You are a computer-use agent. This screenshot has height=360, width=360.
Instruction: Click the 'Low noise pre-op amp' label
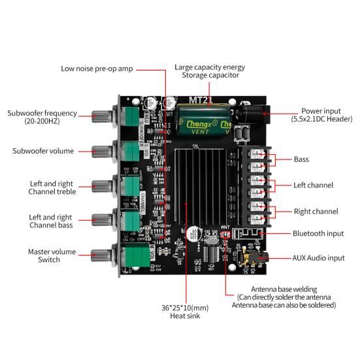[96, 68]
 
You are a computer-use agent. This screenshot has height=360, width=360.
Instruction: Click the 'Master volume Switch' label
[52, 255]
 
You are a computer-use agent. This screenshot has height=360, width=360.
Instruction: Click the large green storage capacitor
[201, 118]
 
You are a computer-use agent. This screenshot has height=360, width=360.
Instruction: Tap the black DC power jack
[250, 115]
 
